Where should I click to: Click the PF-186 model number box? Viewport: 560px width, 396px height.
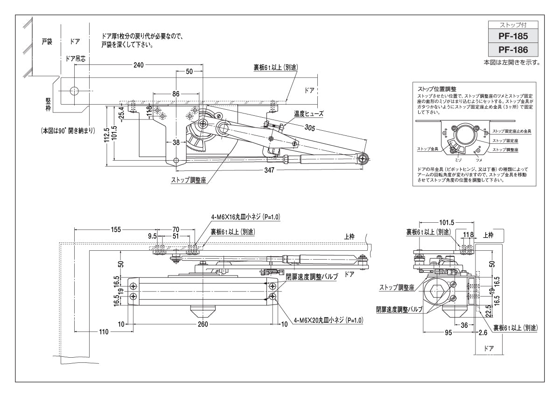(x=512, y=49)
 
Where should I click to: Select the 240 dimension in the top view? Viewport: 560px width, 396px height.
(x=138, y=64)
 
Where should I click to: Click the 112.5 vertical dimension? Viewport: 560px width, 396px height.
(x=107, y=135)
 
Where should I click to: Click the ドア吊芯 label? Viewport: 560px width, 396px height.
(x=75, y=58)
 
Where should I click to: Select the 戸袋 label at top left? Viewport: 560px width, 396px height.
(x=46, y=41)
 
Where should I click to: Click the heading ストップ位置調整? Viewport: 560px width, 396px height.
(x=437, y=88)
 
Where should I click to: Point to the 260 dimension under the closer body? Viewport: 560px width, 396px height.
(x=203, y=324)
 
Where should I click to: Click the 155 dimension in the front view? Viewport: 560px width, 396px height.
(x=116, y=229)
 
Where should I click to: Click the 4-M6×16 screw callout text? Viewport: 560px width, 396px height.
(x=245, y=217)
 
